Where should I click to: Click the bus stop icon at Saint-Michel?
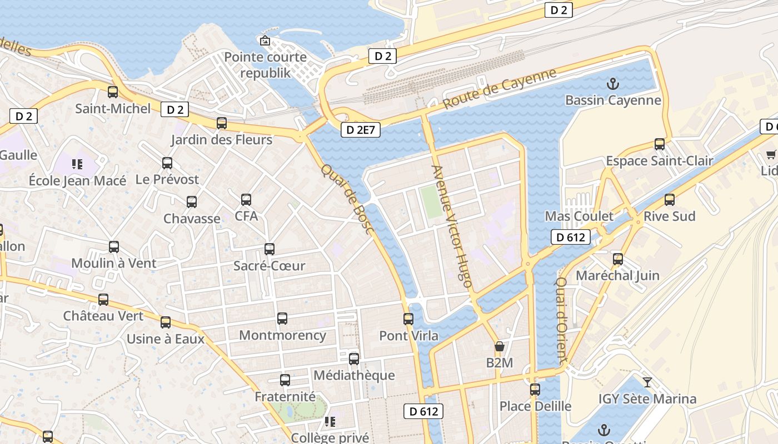point(113,92)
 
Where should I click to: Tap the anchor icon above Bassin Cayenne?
point(612,84)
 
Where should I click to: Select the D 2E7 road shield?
point(361,130)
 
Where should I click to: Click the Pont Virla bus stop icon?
point(408,319)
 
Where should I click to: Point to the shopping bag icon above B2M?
point(499,347)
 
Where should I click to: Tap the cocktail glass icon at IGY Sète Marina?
point(647,382)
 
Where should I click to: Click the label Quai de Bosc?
point(347,199)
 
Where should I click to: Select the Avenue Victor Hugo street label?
point(452,226)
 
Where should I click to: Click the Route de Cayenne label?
point(499,89)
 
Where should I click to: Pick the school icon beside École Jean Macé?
point(77,164)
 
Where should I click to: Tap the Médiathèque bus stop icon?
point(354,359)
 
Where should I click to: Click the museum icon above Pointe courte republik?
point(265,41)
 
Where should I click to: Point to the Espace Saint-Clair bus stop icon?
point(660,144)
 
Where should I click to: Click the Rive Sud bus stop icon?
point(670,200)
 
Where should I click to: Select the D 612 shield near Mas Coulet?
point(571,238)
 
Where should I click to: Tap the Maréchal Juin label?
point(617,275)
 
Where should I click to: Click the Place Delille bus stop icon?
point(535,390)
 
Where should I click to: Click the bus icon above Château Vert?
point(103,300)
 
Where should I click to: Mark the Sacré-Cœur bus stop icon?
point(270,249)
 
